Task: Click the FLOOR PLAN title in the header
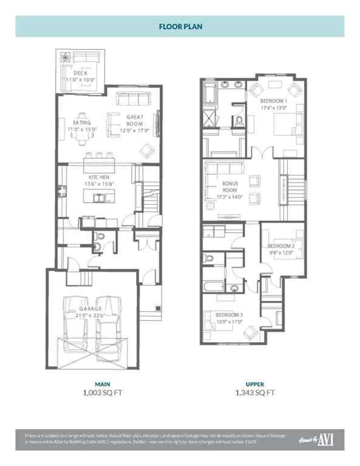tap(180, 27)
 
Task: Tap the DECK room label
tap(80, 73)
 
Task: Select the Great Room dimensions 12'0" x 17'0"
tap(134, 130)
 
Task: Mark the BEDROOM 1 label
tap(273, 101)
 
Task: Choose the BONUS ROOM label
tap(229, 186)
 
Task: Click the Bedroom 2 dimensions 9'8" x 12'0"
tap(281, 253)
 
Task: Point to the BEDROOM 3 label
tap(229, 316)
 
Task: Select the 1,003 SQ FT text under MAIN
tap(102, 393)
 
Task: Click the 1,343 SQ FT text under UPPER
tap(254, 393)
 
